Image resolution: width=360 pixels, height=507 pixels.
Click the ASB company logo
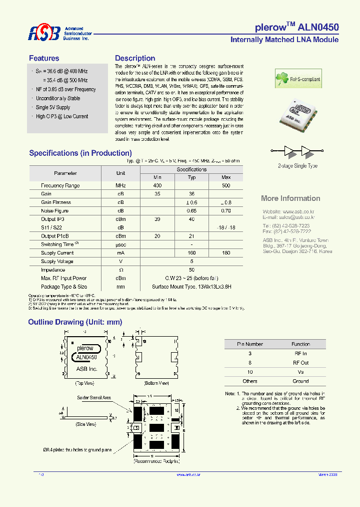click(x=44, y=33)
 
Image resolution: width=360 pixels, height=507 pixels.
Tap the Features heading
click(x=44, y=58)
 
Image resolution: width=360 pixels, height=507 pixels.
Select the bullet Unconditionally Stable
click(x=58, y=98)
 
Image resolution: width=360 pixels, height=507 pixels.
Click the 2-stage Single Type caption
click(x=297, y=166)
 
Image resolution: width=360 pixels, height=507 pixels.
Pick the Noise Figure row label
click(x=55, y=211)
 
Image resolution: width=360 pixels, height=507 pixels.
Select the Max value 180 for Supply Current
click(x=226, y=253)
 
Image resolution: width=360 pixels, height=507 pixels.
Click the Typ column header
click(x=191, y=177)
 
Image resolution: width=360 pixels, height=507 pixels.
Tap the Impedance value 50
click(x=191, y=270)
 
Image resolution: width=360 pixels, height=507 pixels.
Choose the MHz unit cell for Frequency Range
click(x=120, y=185)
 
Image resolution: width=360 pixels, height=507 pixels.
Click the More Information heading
click(x=290, y=198)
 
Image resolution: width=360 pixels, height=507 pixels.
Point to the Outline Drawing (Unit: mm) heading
click(x=75, y=322)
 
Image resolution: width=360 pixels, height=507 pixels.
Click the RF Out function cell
click(x=300, y=363)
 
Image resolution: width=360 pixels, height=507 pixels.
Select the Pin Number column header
click(x=250, y=344)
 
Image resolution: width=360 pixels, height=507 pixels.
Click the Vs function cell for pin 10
click(x=300, y=372)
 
